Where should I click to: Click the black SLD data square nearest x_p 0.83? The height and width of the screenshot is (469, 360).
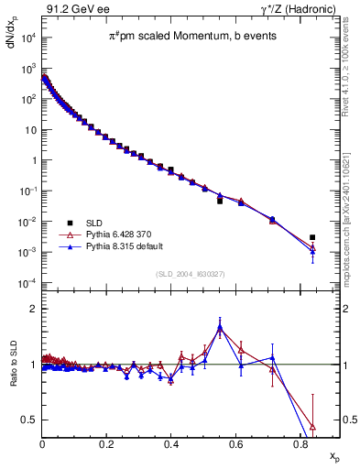click(x=312, y=237)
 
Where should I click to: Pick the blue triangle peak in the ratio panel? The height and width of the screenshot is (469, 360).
click(x=220, y=327)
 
